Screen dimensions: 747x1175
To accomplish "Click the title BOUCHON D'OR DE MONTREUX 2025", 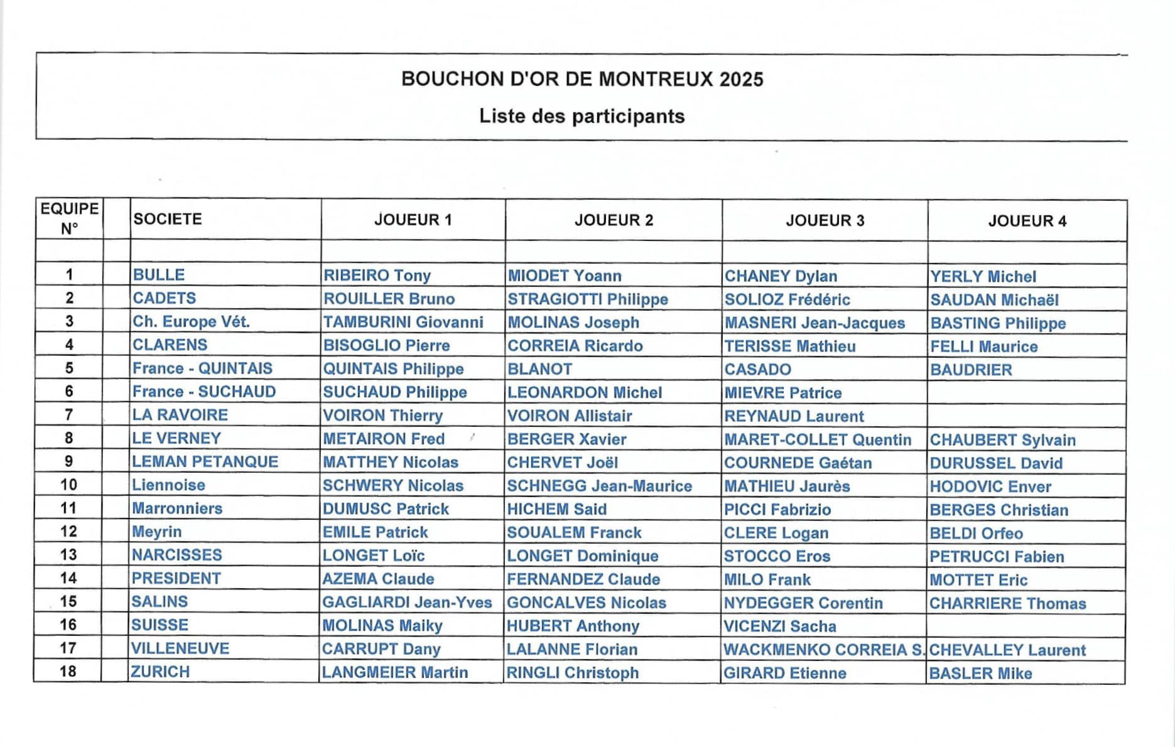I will coord(582,79).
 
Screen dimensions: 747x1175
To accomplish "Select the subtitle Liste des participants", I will coord(582,116).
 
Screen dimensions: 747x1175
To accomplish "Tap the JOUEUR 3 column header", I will coord(825,220).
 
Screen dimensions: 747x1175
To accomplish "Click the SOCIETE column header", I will coord(168,219).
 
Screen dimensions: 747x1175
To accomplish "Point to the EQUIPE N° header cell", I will coord(69,218).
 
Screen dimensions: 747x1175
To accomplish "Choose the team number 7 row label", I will coord(69,414).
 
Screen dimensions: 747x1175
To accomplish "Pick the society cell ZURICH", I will coord(160,672).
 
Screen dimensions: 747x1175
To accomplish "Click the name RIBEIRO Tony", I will coord(377,276).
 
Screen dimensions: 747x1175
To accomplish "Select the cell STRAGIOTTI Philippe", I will coord(587,299).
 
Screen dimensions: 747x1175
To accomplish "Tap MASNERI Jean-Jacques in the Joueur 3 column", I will coord(815,323).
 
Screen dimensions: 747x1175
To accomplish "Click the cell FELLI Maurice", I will coord(983,347).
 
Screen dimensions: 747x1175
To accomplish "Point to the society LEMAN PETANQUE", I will coord(205,461).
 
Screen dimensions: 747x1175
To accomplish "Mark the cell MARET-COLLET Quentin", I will coord(817,439).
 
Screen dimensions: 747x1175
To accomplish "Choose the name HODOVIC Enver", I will coord(990,486).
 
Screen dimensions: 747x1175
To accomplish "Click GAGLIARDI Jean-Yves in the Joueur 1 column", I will coord(407,603).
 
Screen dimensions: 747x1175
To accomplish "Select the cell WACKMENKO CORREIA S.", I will coord(823,650).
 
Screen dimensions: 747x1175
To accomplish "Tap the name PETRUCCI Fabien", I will coord(997,557).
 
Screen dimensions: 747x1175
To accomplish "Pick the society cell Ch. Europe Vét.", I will coord(191,321).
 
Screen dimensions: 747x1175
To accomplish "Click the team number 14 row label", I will coord(68,578).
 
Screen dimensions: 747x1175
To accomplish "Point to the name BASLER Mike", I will coord(980,674).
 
